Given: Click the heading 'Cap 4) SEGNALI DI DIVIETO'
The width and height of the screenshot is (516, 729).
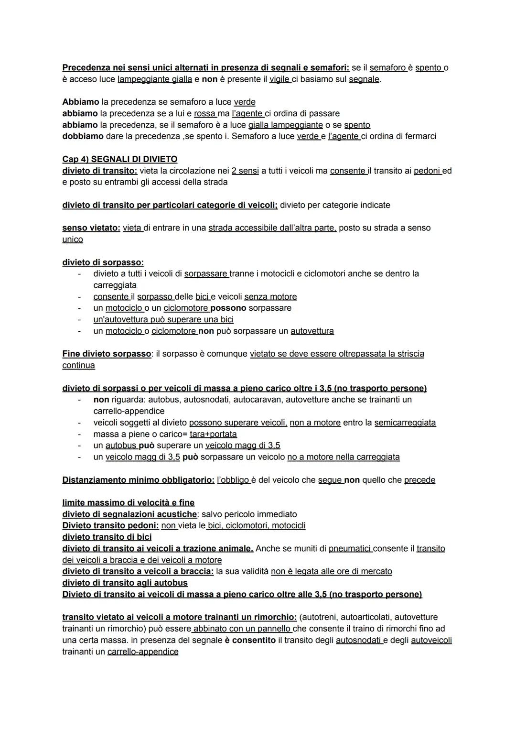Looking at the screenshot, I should tap(119, 159).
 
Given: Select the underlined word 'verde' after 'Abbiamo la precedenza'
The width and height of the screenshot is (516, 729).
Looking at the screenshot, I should tap(244, 102).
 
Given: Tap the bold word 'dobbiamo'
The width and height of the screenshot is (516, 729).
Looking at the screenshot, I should tap(83, 136).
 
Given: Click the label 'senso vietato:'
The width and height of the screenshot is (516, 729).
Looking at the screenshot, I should tap(91, 228).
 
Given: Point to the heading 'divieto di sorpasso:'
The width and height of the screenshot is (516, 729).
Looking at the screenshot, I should tap(103, 262).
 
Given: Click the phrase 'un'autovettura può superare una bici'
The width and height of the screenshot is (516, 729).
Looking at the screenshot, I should tap(163, 319).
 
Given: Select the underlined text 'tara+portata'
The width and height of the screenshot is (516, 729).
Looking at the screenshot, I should tap(213, 434).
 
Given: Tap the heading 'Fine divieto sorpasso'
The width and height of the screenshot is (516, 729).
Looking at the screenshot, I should tap(107, 354).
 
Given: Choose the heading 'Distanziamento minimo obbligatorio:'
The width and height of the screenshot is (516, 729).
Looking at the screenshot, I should tap(138, 480).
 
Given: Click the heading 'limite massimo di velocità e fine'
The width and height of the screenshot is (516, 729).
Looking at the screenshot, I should tap(128, 502).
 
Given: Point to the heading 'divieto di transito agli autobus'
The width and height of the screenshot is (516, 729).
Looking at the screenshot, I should tap(125, 583).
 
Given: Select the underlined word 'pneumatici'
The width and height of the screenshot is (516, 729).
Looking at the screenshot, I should tap(350, 548).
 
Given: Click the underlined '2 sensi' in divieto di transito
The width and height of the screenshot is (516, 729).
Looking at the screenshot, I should tap(245, 171).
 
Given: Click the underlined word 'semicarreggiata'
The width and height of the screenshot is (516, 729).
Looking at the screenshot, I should tap(405, 423).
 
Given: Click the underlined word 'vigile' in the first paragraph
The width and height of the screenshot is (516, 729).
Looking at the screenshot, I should tap(279, 79).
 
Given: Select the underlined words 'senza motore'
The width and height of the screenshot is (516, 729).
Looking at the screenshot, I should tap(270, 296).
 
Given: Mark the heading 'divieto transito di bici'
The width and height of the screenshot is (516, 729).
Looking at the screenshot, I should tap(107, 537).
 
